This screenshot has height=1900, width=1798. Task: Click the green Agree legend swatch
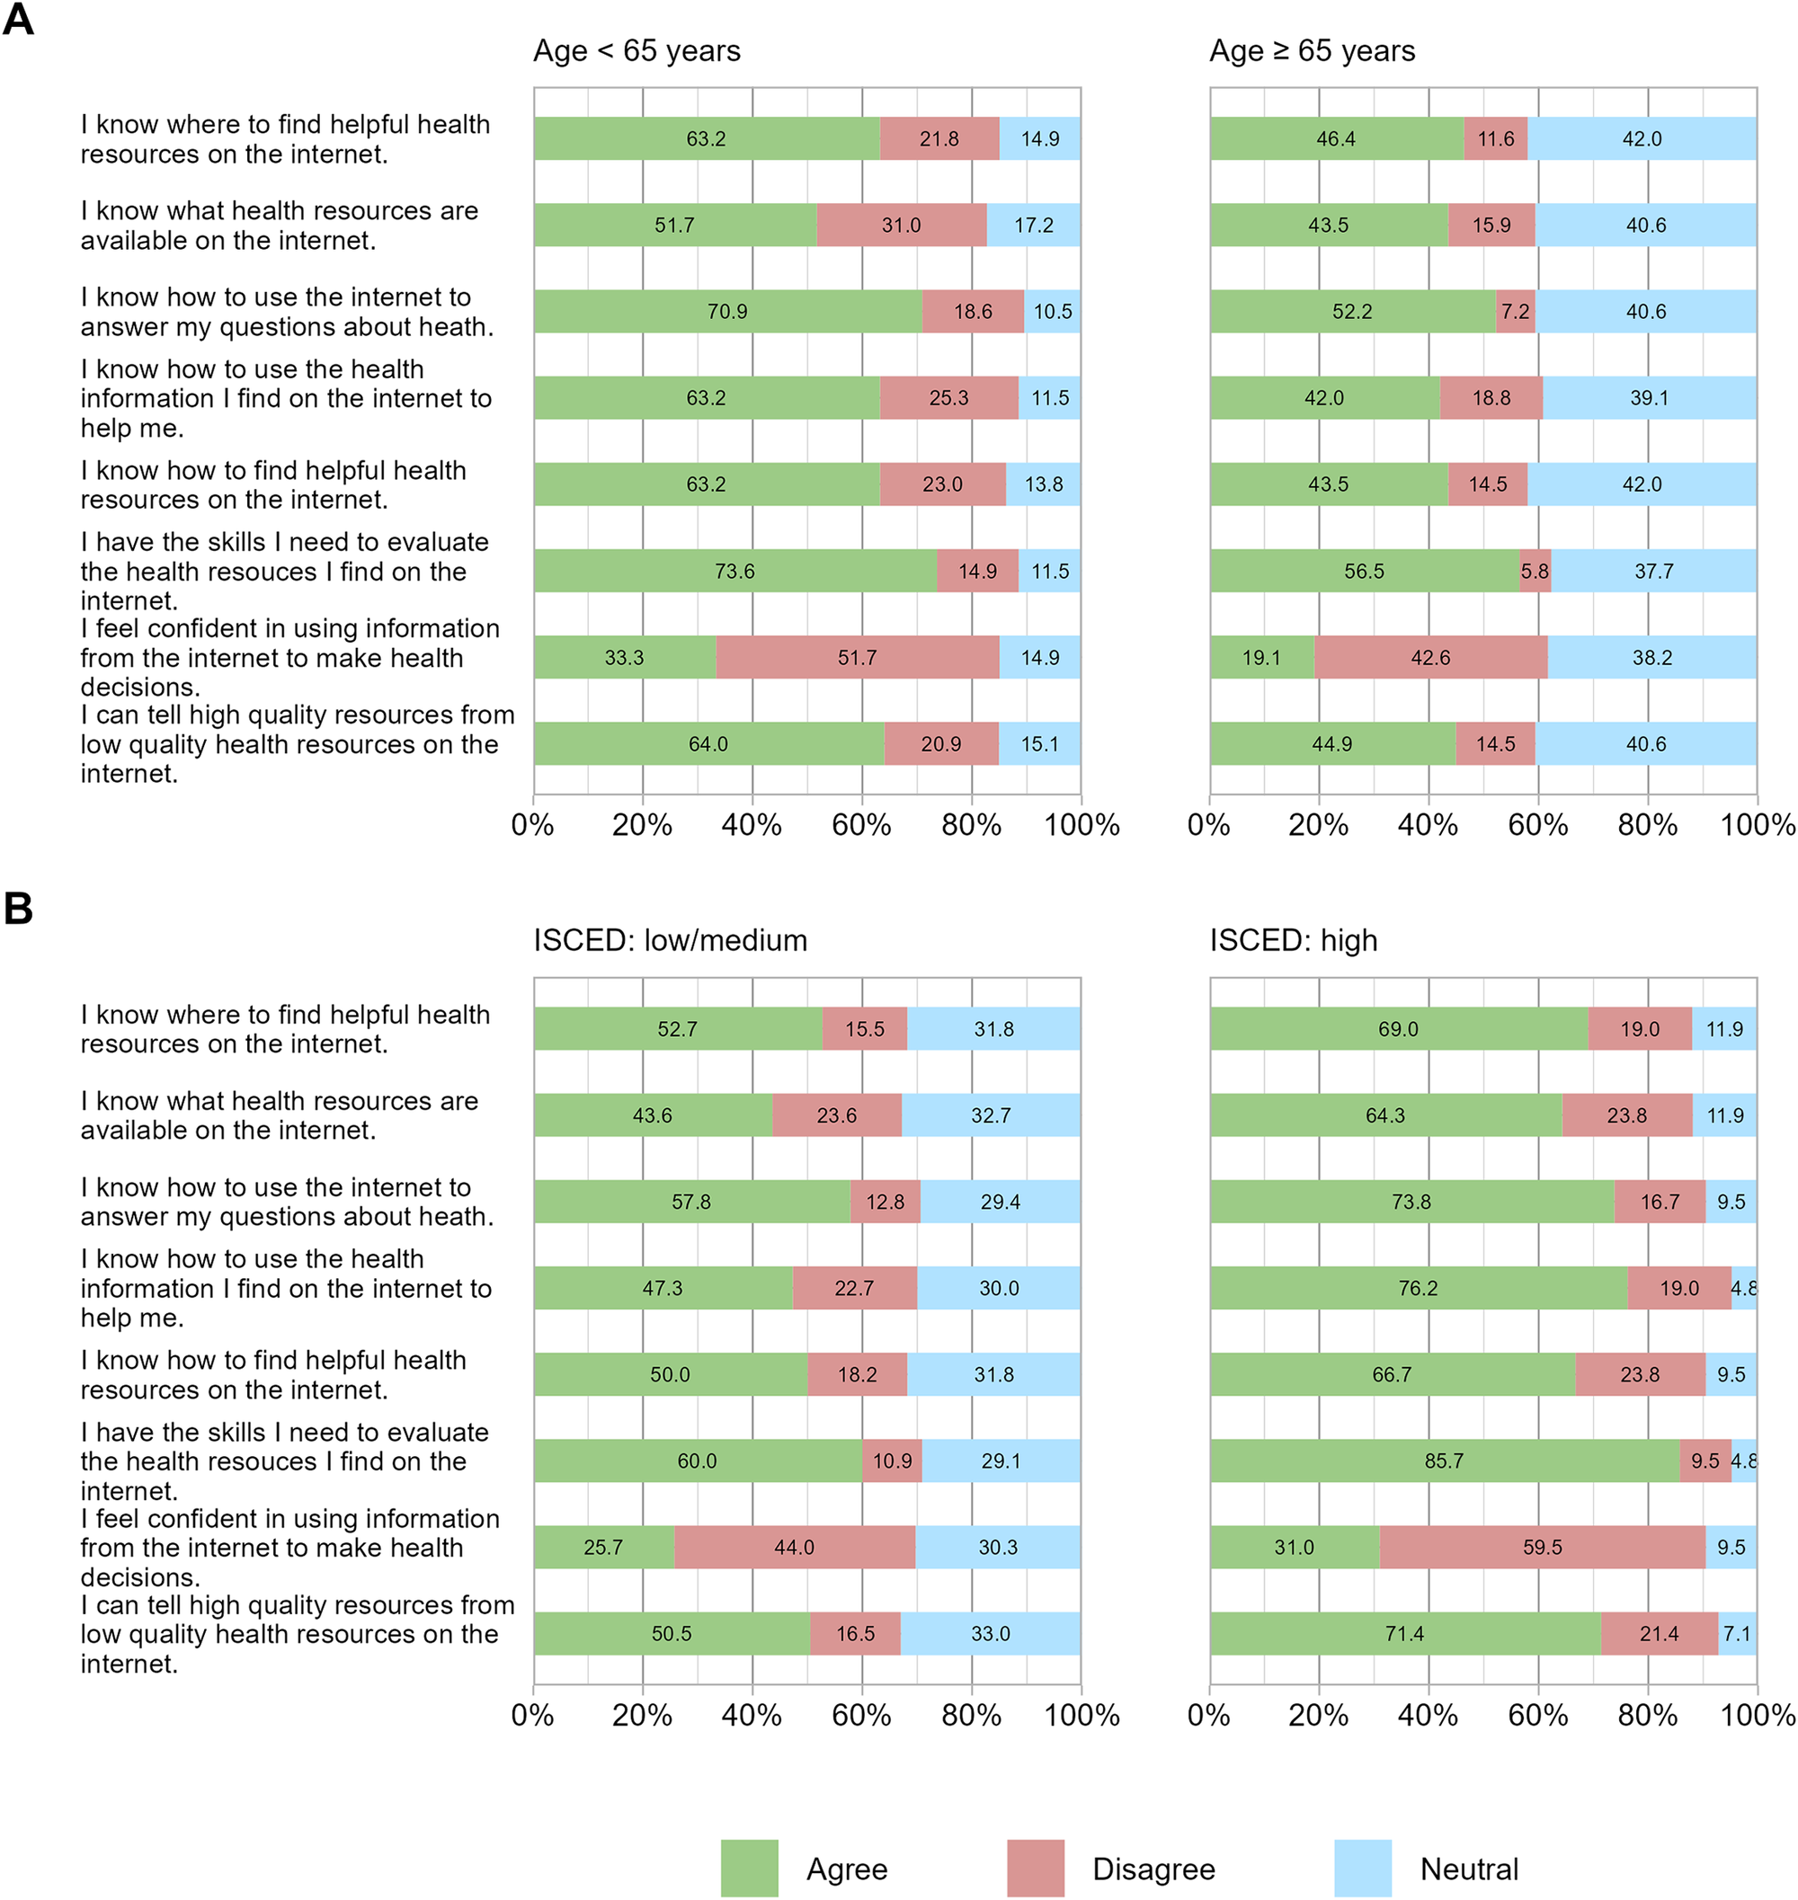(x=749, y=1868)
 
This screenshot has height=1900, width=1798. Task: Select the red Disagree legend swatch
(x=1035, y=1868)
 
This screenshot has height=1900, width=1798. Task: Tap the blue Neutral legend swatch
(x=1362, y=1868)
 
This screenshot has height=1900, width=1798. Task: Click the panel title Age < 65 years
(x=636, y=51)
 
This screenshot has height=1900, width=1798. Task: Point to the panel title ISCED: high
(x=1293, y=940)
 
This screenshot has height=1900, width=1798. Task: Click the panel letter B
(x=18, y=909)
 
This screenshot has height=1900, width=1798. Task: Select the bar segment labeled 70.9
(x=727, y=311)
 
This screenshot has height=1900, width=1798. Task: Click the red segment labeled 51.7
(x=857, y=657)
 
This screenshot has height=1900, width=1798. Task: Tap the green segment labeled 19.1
(x=1261, y=657)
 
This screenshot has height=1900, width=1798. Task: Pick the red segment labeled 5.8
(x=1535, y=571)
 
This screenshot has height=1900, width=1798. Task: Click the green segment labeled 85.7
(x=1444, y=1461)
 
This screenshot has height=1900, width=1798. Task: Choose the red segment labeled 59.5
(x=1542, y=1547)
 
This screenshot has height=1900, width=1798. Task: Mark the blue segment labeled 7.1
(x=1737, y=1633)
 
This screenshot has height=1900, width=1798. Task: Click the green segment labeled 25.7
(x=603, y=1547)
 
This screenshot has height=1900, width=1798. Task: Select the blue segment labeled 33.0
(x=990, y=1633)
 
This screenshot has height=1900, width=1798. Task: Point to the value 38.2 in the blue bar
(x=1652, y=657)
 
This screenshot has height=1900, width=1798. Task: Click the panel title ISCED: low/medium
(x=670, y=940)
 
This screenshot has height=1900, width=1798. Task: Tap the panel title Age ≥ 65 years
(x=1312, y=51)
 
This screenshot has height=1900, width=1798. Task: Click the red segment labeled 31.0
(x=901, y=226)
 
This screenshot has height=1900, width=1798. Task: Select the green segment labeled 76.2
(x=1418, y=1288)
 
